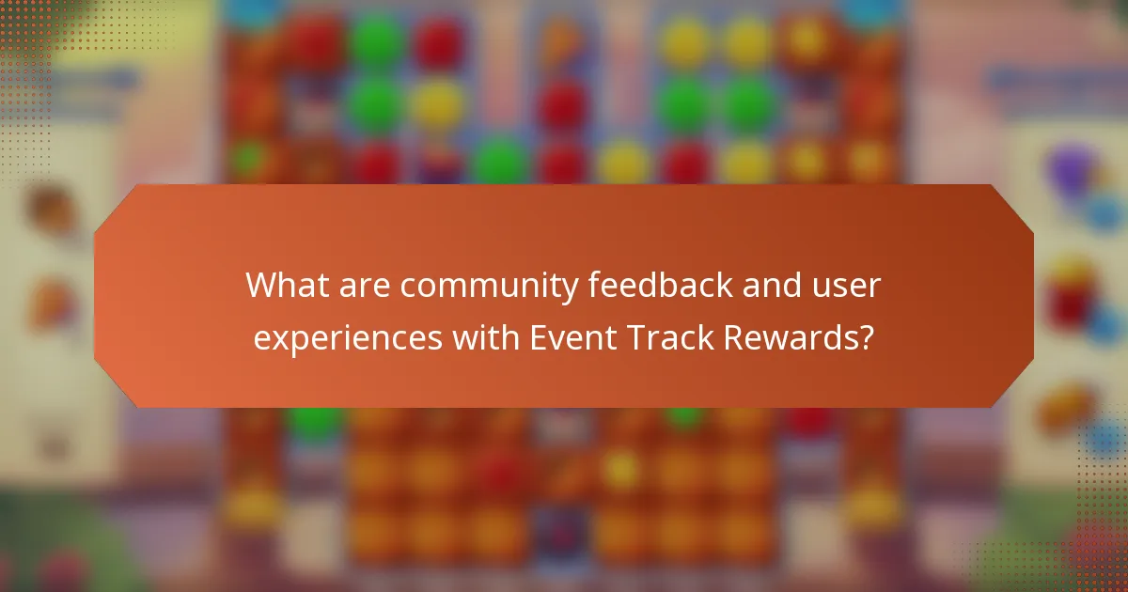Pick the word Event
point(570,338)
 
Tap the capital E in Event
point(539,338)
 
